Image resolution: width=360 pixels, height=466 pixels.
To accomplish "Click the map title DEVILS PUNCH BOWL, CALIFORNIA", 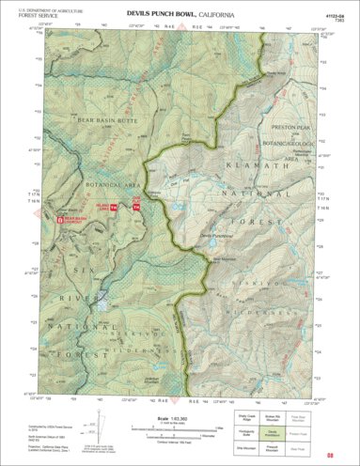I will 180,15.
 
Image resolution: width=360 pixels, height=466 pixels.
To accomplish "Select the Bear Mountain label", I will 214,258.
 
